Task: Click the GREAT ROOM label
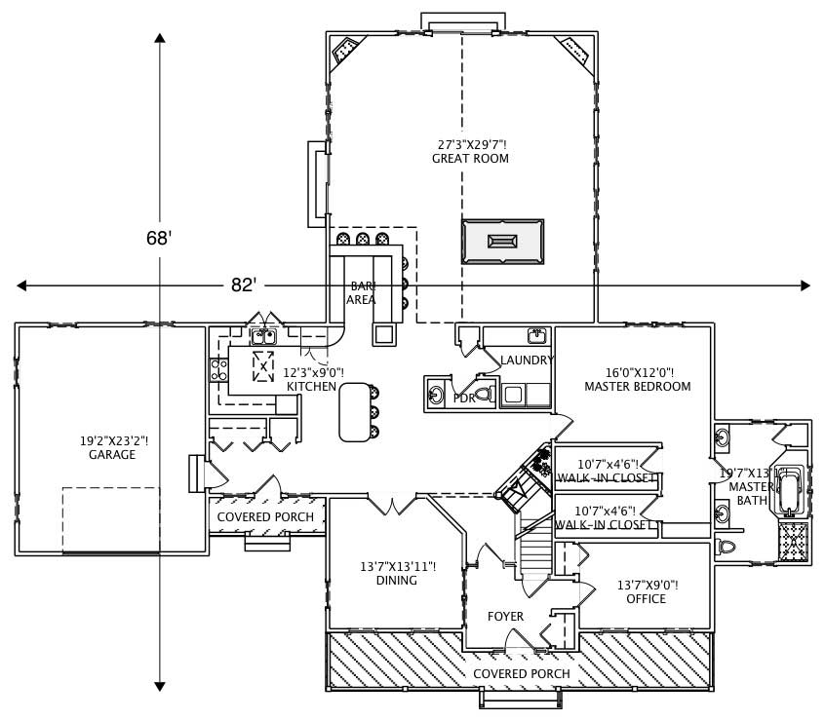point(470,158)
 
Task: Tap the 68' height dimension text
point(159,238)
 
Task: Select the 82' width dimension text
point(244,285)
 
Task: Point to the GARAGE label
point(112,454)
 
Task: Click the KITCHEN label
point(311,387)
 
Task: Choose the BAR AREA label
point(362,293)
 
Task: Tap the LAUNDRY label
point(527,360)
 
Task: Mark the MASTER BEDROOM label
point(637,386)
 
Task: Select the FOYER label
point(505,616)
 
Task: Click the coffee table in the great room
point(502,241)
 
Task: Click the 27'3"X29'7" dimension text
point(470,144)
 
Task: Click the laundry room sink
point(535,336)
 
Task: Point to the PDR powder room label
point(463,398)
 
